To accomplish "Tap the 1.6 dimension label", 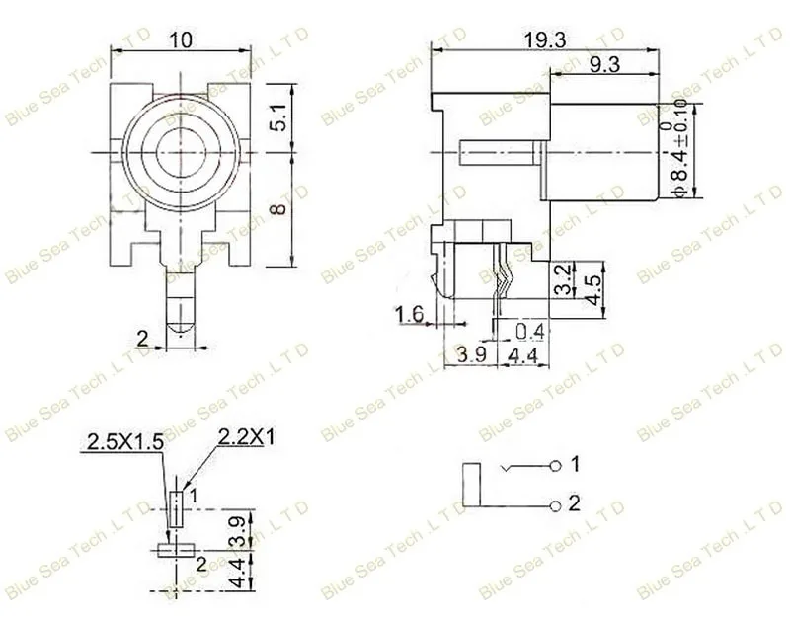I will (x=409, y=315).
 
